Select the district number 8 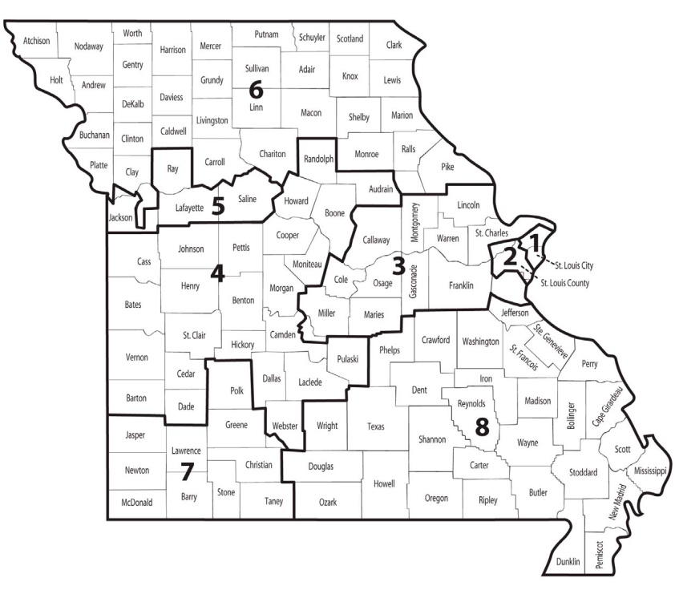click(481, 427)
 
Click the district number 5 click(217, 206)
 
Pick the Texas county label click(376, 426)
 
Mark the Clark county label click(394, 45)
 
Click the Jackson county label click(120, 216)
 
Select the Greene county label click(237, 424)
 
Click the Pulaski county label click(349, 359)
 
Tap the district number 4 click(216, 273)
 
